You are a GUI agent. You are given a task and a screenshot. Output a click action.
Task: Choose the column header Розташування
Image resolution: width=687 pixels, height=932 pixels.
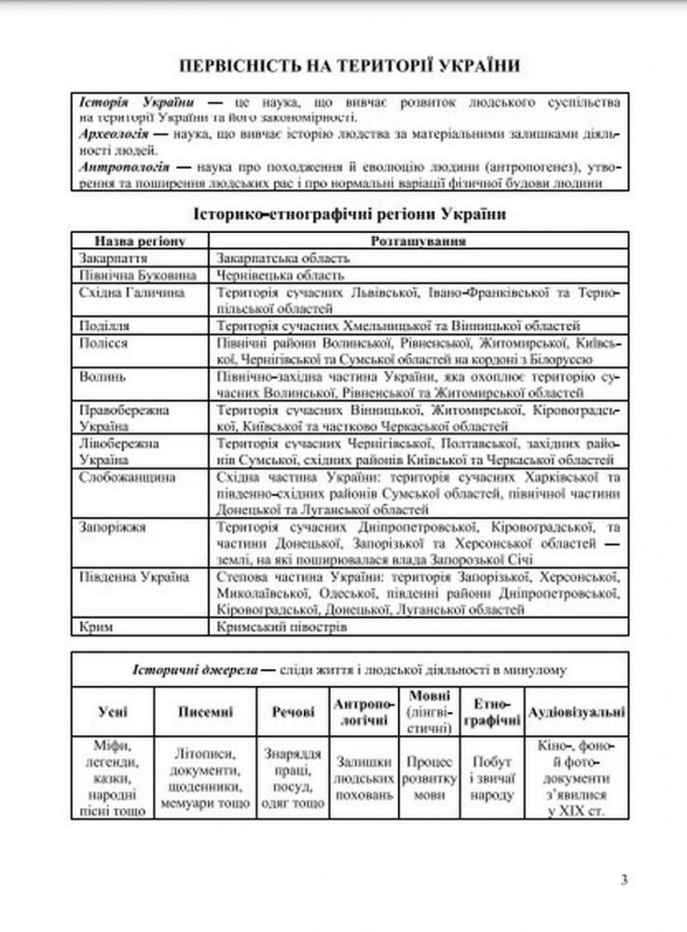tap(418, 240)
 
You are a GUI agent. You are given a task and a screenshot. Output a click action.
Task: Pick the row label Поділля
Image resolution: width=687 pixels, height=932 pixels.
tap(105, 325)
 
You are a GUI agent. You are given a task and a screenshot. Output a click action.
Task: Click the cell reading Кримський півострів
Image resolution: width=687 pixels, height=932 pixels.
tap(281, 627)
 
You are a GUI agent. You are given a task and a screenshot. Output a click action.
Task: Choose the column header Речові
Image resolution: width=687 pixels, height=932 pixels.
tap(293, 712)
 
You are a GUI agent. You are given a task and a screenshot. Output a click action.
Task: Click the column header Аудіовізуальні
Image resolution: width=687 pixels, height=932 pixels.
tap(577, 712)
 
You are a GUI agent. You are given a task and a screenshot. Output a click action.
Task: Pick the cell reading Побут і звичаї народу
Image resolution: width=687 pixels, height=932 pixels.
tap(493, 778)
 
